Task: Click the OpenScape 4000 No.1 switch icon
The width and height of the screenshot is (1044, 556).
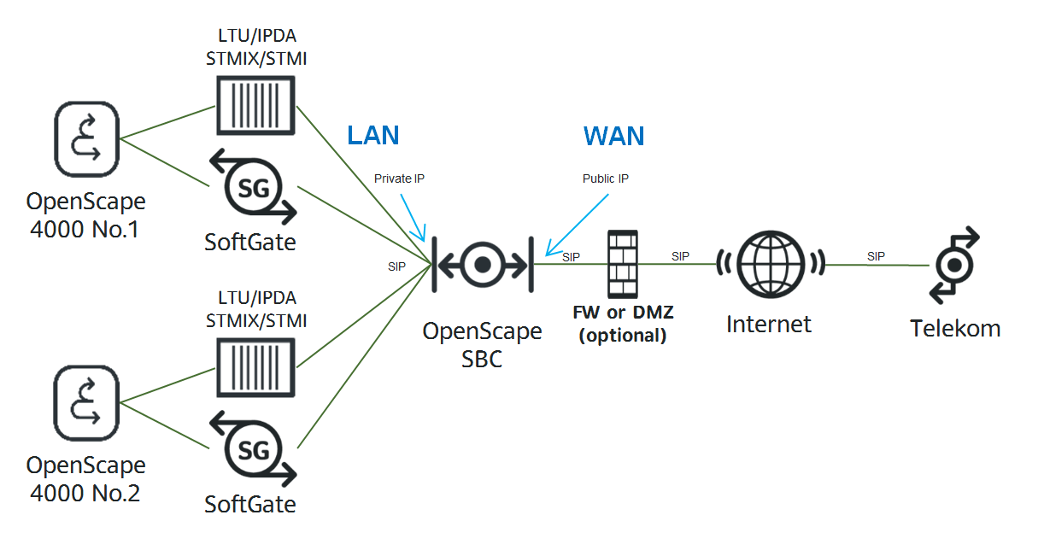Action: [86, 139]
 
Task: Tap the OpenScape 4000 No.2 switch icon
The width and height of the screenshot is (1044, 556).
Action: [86, 403]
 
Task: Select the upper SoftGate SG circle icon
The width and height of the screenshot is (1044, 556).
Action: [254, 187]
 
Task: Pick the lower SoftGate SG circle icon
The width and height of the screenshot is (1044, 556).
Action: [254, 448]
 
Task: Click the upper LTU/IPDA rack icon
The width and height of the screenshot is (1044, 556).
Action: [255, 105]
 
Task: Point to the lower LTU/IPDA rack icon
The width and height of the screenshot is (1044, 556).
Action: [255, 368]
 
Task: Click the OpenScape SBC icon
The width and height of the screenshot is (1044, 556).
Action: [483, 265]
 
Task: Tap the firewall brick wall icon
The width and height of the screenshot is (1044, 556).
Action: [623, 264]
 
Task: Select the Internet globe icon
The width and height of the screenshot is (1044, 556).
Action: [771, 264]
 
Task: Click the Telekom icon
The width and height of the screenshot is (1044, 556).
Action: [954, 265]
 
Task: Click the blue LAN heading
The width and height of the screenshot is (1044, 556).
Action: [373, 136]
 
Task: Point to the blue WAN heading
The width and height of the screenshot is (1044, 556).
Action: [613, 136]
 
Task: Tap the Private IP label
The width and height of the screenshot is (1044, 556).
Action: [400, 179]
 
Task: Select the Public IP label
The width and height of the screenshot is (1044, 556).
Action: [606, 179]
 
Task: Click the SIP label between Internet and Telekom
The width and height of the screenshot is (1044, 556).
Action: [876, 256]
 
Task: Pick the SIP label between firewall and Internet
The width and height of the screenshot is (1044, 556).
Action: [680, 256]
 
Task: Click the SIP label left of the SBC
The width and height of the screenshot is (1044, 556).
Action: [396, 266]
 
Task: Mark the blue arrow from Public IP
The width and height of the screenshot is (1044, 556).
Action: [577, 225]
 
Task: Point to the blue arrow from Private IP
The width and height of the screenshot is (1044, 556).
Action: [413, 218]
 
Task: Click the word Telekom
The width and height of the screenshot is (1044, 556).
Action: [955, 329]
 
